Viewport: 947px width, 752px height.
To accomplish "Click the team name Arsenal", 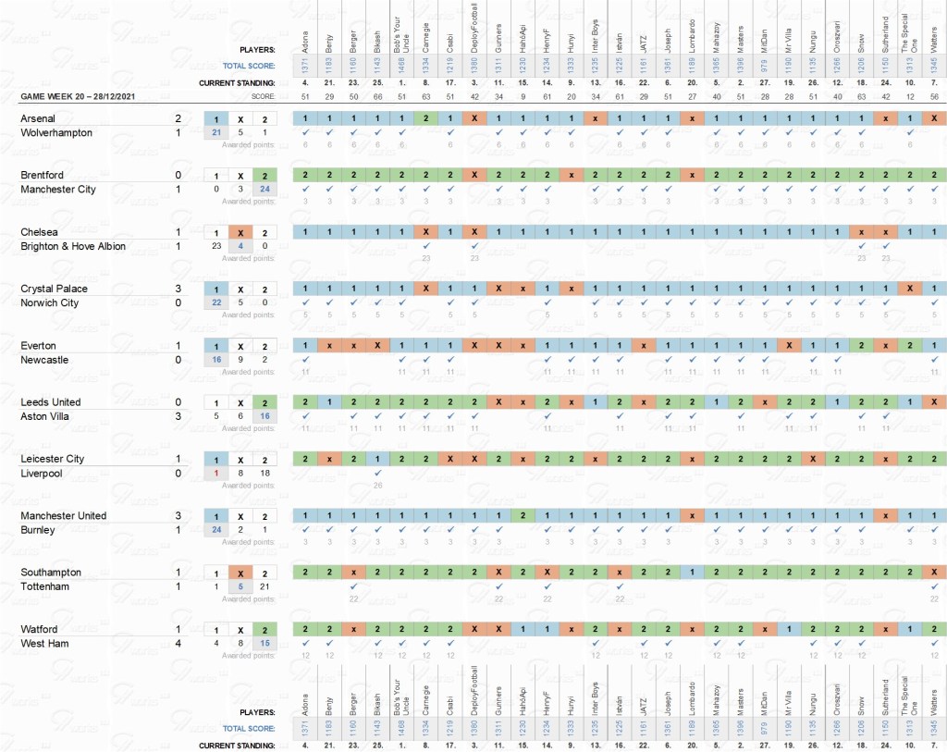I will [x=38, y=118].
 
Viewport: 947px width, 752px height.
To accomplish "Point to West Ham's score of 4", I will [x=178, y=644].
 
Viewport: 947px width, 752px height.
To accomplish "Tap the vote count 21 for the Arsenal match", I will [x=215, y=133].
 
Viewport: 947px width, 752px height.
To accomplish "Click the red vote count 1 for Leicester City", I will [x=215, y=474].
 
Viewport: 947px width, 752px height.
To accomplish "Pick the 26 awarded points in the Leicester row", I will [x=377, y=485].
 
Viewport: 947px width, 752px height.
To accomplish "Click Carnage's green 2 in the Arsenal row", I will [x=425, y=118].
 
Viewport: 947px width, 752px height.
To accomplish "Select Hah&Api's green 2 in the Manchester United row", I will [x=523, y=515].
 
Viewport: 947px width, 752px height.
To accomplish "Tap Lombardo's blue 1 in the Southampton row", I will [x=691, y=573].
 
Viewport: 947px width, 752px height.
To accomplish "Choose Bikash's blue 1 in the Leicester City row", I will [x=377, y=459].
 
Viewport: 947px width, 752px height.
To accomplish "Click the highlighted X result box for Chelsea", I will [x=240, y=232].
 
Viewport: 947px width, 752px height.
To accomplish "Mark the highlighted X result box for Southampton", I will [x=240, y=573].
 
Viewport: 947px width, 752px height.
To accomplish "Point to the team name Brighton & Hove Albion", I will [x=73, y=247].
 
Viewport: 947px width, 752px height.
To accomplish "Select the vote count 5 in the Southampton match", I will [x=240, y=587].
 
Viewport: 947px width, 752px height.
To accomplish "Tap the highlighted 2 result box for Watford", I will [x=264, y=629].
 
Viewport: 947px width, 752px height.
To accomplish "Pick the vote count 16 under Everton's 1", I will [x=215, y=360].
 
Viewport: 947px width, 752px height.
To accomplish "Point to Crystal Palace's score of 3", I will [x=178, y=289].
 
